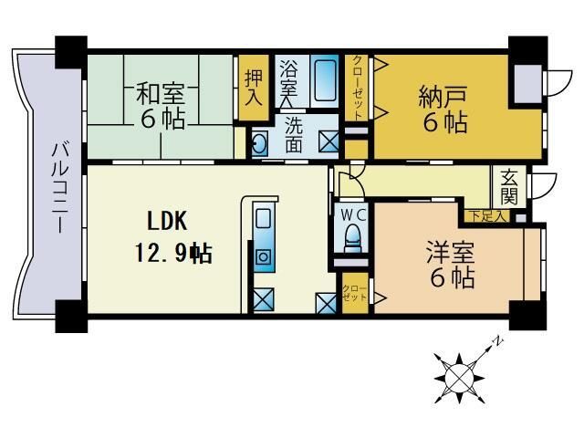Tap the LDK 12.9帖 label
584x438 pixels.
click(180, 236)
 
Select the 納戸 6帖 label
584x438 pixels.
click(443, 109)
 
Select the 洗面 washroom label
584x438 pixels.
click(292, 132)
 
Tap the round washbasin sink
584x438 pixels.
click(259, 143)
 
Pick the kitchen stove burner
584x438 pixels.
click(264, 255)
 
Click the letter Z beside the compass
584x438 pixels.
click(499, 342)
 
